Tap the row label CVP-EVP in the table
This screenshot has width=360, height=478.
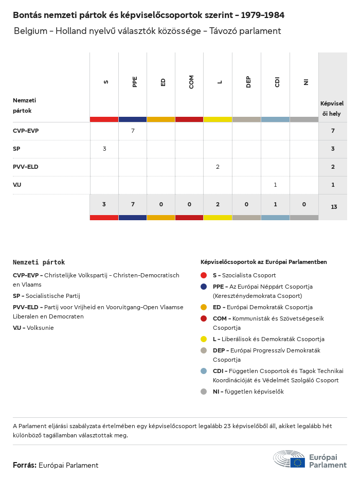coord(26,131)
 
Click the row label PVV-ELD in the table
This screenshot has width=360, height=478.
coord(26,167)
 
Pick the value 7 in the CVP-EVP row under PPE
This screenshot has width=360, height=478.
coord(133,131)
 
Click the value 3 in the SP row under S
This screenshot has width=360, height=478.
coord(104,149)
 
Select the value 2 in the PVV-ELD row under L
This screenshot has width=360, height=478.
coord(218,167)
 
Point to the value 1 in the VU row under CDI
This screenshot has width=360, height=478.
coord(275,185)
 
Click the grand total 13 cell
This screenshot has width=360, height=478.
coord(334,207)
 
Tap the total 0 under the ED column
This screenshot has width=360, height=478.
coord(161,204)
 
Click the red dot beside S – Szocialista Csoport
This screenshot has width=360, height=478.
coord(204,275)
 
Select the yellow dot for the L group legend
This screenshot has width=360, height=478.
coord(204,339)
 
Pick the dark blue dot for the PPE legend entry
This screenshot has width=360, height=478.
coord(204,287)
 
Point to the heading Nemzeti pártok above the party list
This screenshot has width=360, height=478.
coord(39,262)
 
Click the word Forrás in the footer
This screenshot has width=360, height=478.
coord(24,465)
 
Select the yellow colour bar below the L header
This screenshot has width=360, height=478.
coord(218,119)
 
